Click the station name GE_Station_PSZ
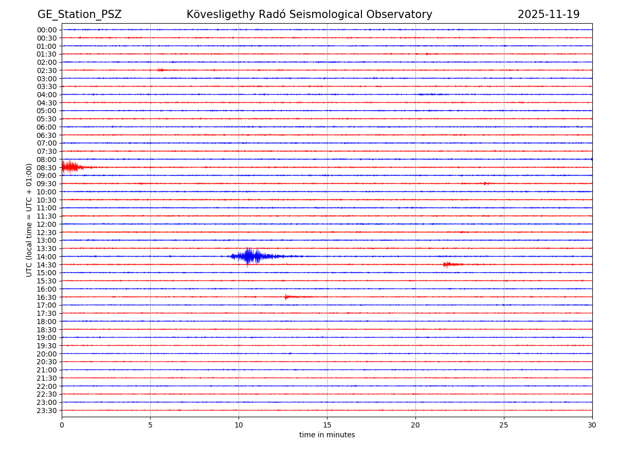tap(79, 14)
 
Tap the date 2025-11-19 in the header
tap(548, 14)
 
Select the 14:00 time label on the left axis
tap(47, 257)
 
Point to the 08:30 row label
tap(47, 168)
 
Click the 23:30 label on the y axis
tap(47, 411)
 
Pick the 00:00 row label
tap(47, 30)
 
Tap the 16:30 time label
tap(47, 297)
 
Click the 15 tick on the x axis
tap(327, 425)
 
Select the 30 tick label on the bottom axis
tap(592, 425)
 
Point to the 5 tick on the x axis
tap(150, 425)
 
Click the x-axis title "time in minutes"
tap(327, 435)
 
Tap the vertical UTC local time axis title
tap(29, 220)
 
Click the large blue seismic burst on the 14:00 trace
tap(252, 256)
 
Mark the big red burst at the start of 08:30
tap(70, 167)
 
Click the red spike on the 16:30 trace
tap(286, 297)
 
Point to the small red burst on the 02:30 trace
tap(161, 70)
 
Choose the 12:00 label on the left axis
tap(47, 224)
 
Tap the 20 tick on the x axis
tap(415, 425)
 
